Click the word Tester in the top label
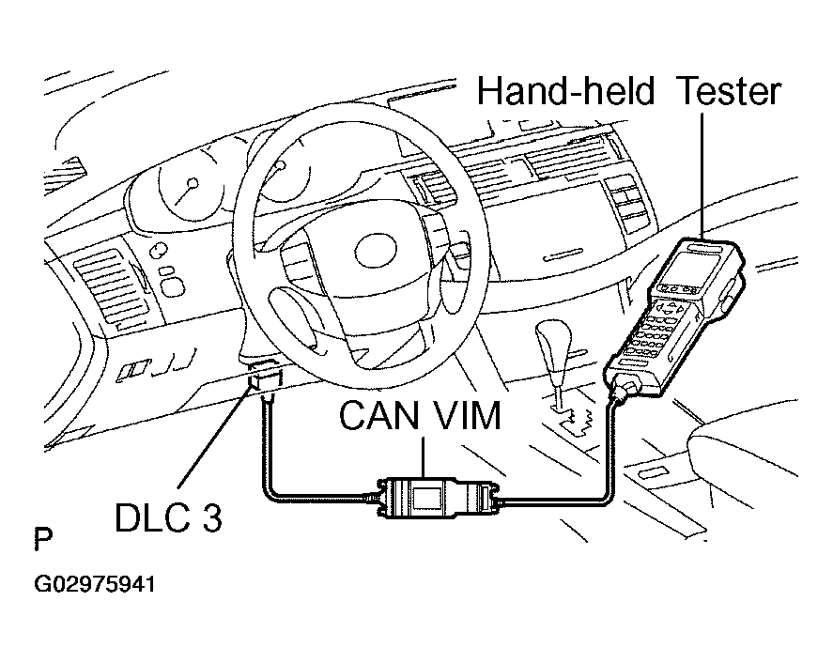pos(729,91)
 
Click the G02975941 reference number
pos(95,584)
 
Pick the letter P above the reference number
pos(42,541)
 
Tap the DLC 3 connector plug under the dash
pos(265,379)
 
